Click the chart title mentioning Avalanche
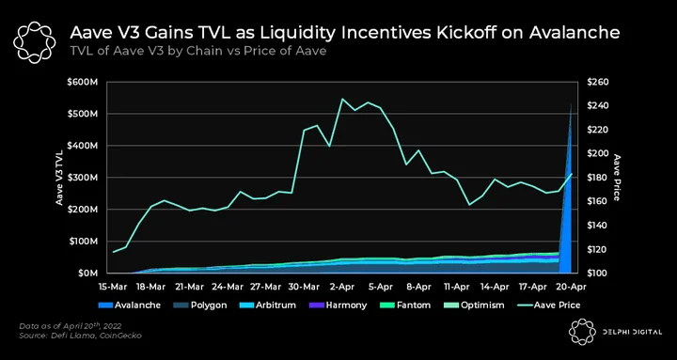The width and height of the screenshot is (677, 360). coord(344,33)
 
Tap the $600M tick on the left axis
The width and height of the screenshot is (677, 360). coord(84,82)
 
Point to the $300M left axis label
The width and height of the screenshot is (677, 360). coord(84,178)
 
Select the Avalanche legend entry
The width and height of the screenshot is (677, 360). coord(130,305)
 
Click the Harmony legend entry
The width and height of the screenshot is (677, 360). coord(338,305)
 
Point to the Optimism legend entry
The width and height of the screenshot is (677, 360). coord(474,305)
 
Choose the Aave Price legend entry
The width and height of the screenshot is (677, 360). coord(548,305)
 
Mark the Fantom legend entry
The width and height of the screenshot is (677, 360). coord(405,305)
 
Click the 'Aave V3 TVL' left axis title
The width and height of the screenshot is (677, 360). coord(58,178)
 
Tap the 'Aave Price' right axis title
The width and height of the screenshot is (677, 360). coord(618,178)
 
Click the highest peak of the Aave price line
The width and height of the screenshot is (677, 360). coord(342,99)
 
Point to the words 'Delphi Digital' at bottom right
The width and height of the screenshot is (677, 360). coord(631,332)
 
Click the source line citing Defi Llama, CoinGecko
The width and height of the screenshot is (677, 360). coord(81,336)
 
